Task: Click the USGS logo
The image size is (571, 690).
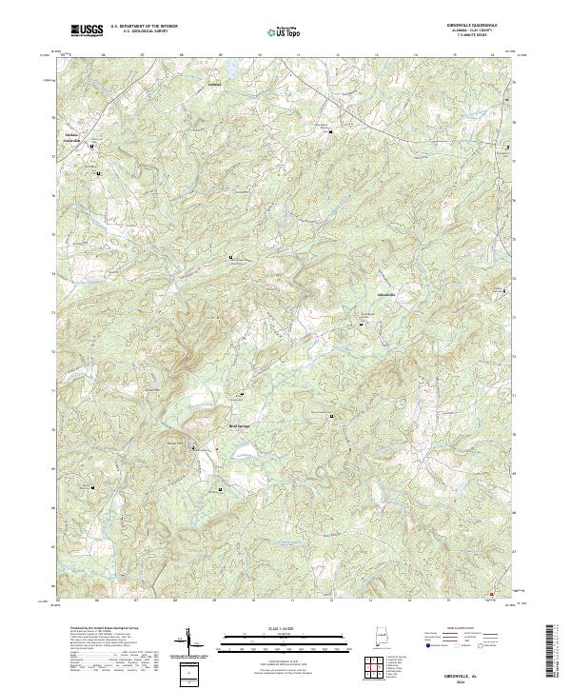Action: click(x=87, y=30)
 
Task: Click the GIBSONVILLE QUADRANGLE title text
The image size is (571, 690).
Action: click(x=463, y=23)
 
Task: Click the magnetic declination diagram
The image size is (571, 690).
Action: click(x=188, y=644)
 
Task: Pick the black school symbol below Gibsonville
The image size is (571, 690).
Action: click(x=361, y=325)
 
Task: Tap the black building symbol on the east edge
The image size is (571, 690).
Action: click(x=507, y=148)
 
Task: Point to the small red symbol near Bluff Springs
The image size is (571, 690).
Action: click(x=216, y=450)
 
